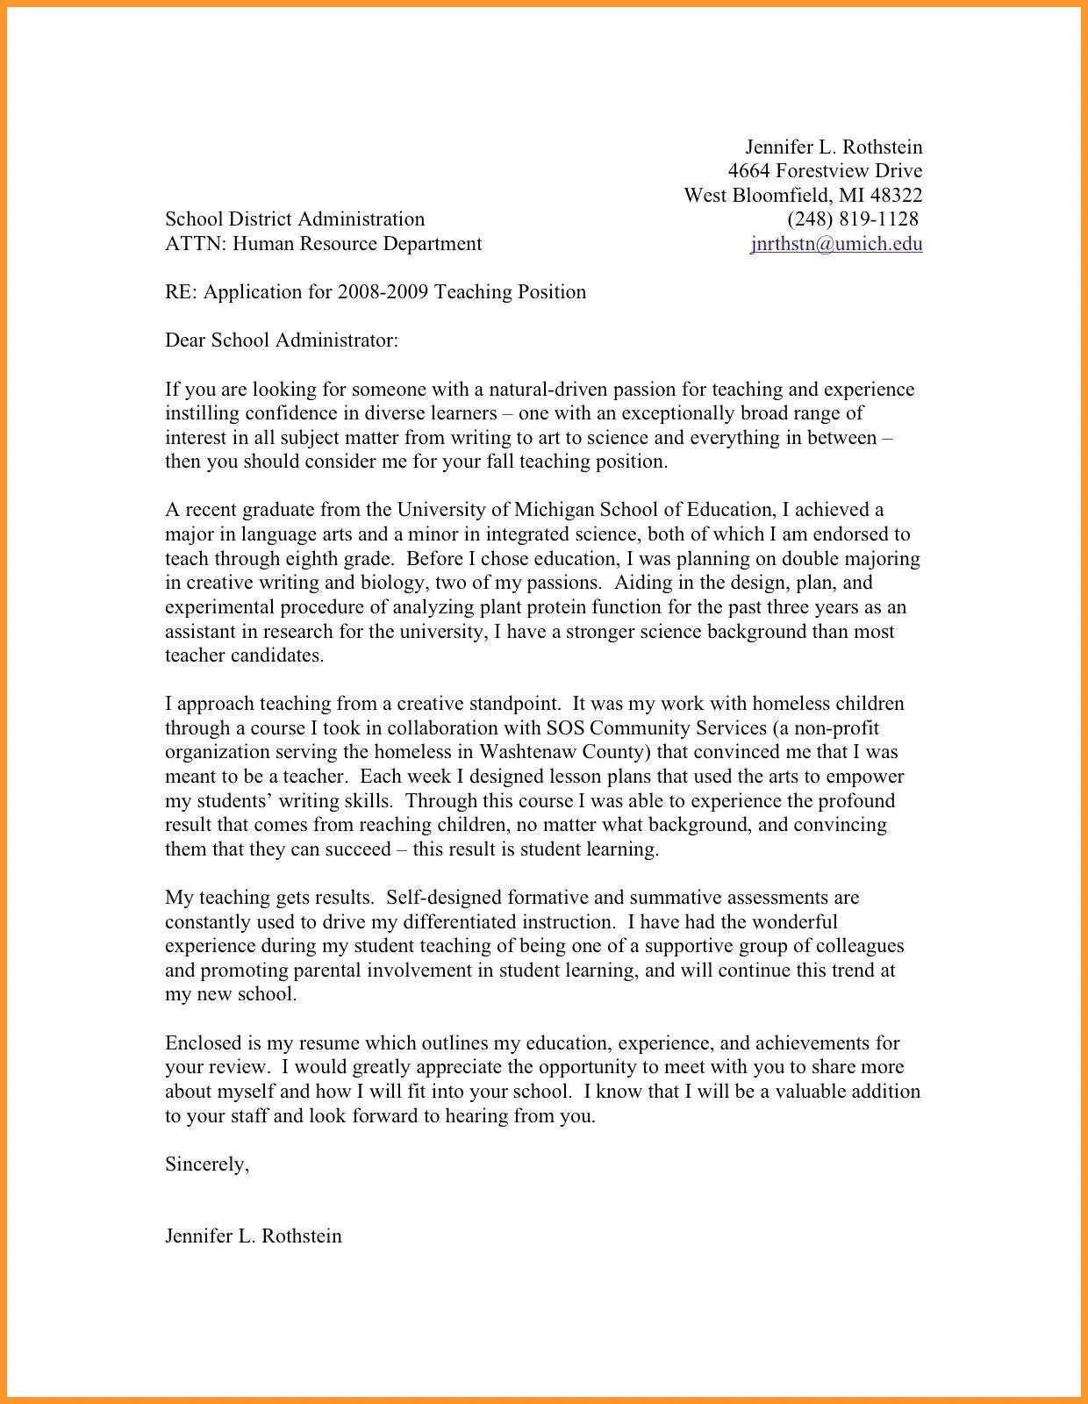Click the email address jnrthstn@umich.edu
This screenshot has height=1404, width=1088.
tap(836, 244)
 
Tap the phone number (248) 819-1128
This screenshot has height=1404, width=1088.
tap(853, 219)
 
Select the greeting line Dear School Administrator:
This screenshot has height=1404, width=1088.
tap(282, 340)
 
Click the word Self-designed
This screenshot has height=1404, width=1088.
tap(445, 898)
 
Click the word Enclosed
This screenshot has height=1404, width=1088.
tap(203, 1043)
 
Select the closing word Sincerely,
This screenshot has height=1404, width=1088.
tap(207, 1164)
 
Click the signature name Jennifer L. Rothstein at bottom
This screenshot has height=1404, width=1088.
tap(254, 1236)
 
